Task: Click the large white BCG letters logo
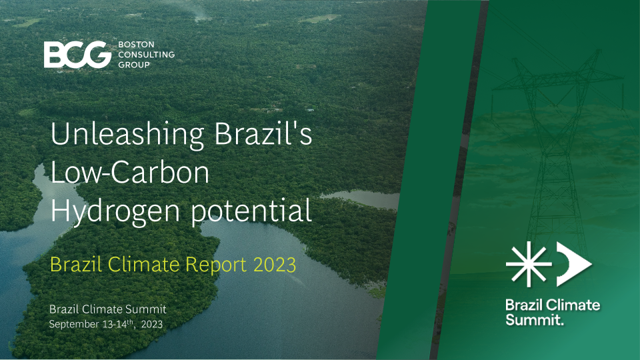(77, 54)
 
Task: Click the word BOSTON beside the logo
(136, 44)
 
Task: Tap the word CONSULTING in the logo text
(146, 54)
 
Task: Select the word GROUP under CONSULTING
(134, 65)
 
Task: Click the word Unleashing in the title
(127, 133)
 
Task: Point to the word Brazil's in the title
(263, 133)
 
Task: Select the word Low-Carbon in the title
(130, 172)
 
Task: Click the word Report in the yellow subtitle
(216, 265)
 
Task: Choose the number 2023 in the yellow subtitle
(275, 265)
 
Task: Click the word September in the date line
(74, 325)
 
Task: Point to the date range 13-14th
(119, 324)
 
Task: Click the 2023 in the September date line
(152, 324)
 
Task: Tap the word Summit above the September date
(147, 309)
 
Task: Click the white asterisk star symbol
(529, 264)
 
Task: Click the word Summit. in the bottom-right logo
(535, 319)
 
